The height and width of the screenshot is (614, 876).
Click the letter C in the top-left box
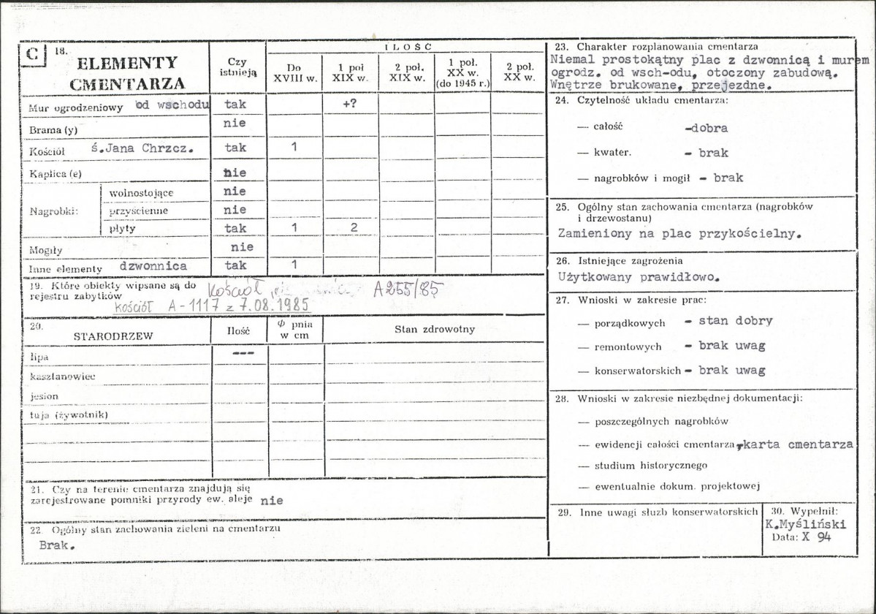pos(32,56)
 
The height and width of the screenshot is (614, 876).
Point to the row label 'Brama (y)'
pos(54,129)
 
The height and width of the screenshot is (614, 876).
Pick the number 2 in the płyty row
pos(353,227)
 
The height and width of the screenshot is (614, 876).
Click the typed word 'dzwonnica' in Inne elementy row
pos(153,266)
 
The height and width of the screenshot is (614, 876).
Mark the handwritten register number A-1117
pos(194,306)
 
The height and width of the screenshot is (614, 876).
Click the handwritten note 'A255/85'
pos(406,289)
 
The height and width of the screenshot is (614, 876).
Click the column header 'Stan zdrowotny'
pos(434,329)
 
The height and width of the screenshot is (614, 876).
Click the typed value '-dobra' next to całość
pos(706,128)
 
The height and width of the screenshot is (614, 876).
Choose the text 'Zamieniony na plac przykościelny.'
pos(679,235)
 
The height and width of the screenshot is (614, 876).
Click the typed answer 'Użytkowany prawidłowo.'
pos(639,277)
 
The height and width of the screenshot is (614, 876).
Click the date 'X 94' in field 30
pos(817,537)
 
